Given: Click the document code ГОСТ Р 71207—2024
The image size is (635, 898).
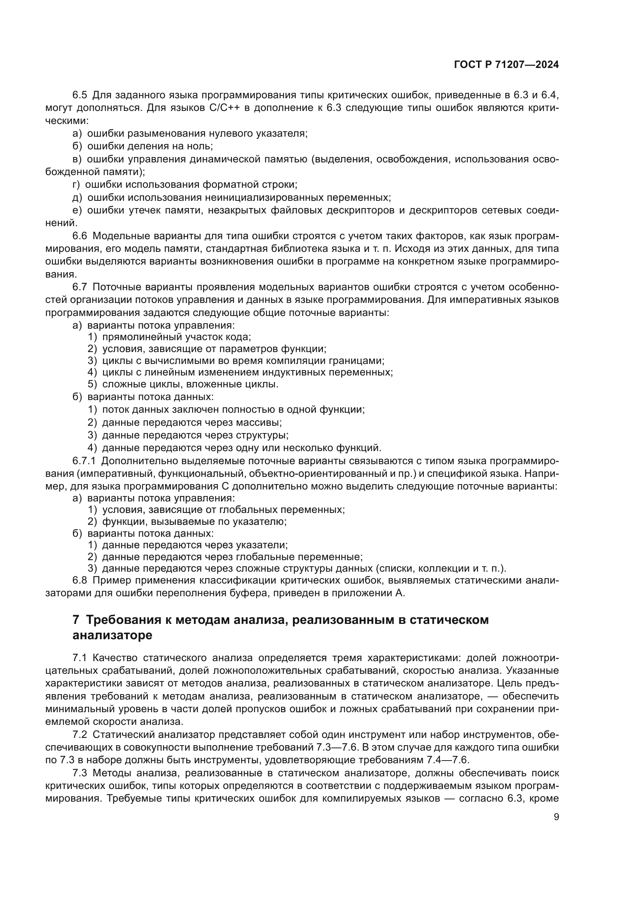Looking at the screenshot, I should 506,65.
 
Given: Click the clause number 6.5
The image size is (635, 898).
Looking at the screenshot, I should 80,95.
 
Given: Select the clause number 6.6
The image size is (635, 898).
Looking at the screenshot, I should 80,236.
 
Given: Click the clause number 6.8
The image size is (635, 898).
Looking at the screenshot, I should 80,580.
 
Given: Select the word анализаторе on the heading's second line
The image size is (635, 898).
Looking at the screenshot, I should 112,635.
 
